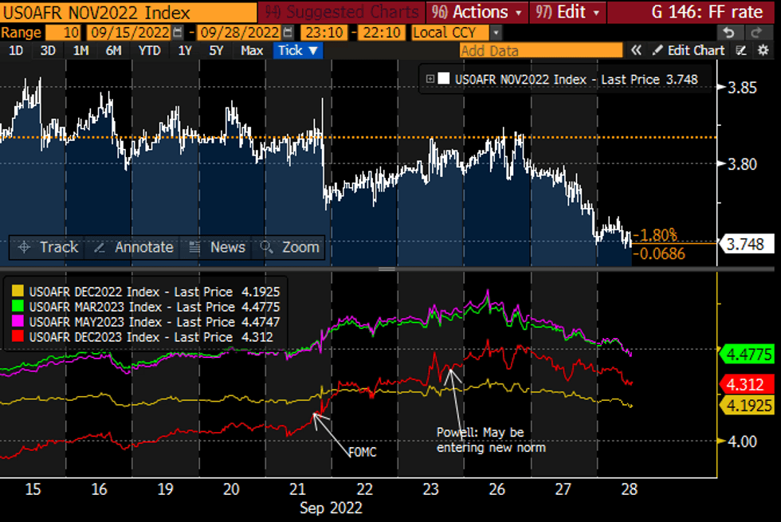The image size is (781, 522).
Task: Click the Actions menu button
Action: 477,12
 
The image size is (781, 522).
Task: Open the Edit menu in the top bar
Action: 571,12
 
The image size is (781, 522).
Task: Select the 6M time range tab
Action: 113,50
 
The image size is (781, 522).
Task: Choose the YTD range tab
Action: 149,50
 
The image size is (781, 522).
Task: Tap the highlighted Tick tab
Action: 297,50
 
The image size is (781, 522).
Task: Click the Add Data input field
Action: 540,50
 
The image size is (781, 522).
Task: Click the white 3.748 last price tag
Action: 748,245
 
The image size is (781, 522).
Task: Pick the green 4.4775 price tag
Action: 747,352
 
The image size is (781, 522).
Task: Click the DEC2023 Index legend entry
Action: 143,337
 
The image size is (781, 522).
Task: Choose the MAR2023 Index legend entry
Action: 143,307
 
